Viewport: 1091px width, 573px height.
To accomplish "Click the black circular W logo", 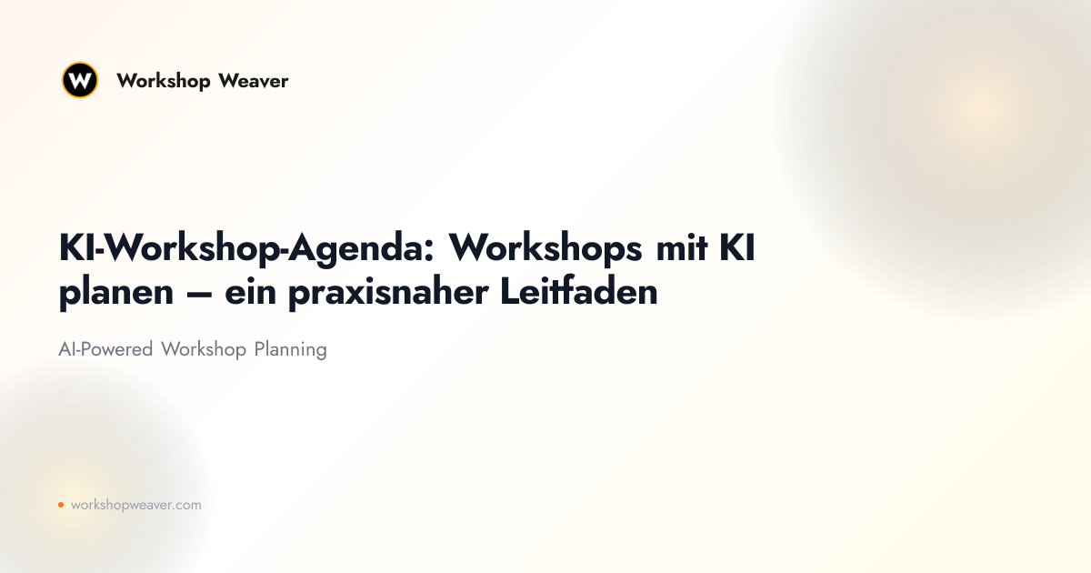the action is [x=80, y=80].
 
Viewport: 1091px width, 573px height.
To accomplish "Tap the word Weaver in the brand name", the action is [x=254, y=81].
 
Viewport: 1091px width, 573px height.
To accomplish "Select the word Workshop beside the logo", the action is [x=163, y=81].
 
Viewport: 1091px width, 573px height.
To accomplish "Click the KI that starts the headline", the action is [x=76, y=248].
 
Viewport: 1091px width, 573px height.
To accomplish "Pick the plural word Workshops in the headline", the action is [x=545, y=248].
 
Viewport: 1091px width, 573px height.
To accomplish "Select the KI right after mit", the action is [x=737, y=248].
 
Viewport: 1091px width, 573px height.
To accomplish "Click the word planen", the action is [x=116, y=293].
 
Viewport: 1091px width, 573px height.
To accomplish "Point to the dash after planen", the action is [x=199, y=294].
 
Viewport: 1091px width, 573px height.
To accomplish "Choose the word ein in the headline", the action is [x=250, y=292].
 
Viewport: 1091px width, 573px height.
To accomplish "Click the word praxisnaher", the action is [x=388, y=295].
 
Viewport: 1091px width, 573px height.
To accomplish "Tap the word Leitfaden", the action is [x=579, y=291].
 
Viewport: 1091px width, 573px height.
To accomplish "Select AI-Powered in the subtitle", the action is [x=105, y=349].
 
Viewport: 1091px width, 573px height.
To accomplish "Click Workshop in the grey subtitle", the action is [x=204, y=350].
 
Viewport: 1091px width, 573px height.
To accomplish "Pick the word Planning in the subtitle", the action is [x=290, y=350].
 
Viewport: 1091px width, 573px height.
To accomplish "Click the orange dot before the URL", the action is [x=61, y=505].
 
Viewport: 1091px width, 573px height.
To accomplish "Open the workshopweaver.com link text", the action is [x=135, y=506].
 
